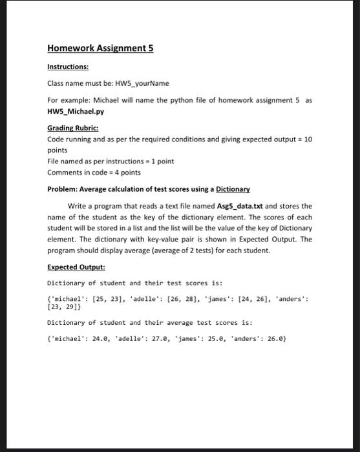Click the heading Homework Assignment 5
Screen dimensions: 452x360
coord(100,48)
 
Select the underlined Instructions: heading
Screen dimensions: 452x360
coord(68,66)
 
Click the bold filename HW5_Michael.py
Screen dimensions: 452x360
coord(76,110)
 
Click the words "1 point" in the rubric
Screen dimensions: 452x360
coord(160,161)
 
